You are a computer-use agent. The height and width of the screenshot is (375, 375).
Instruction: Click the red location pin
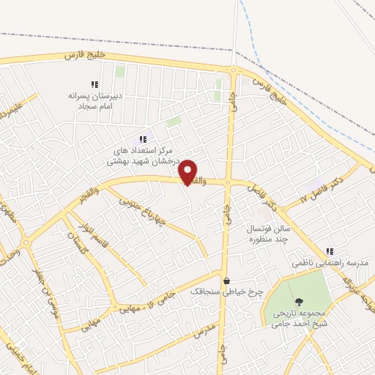188,172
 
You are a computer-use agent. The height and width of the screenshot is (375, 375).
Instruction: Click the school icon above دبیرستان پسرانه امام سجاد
94,84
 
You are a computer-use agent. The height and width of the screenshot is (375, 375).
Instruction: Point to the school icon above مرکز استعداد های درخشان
143,139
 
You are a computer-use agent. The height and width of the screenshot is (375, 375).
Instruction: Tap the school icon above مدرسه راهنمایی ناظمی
330,250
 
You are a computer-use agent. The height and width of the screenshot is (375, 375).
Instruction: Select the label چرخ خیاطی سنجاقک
226,292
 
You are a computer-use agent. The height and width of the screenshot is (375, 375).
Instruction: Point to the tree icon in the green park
298,302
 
